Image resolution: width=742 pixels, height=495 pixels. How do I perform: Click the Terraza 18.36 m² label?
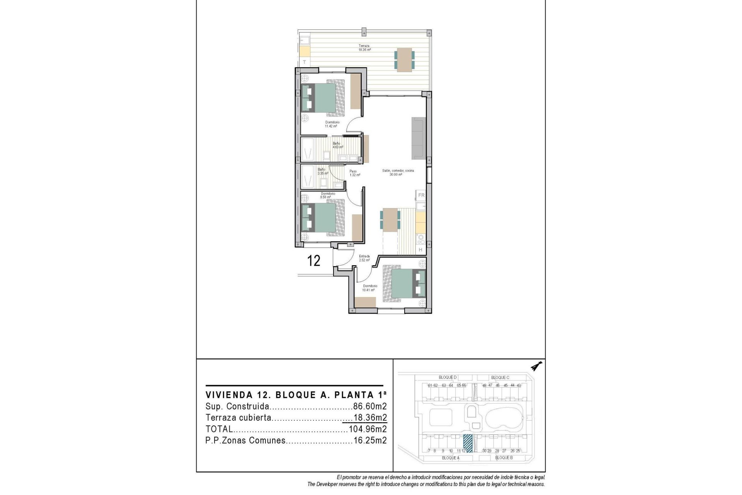[x=364, y=48]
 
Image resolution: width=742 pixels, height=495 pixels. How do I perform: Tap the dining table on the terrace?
[x=404, y=60]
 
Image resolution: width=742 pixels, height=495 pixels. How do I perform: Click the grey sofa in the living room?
[x=418, y=138]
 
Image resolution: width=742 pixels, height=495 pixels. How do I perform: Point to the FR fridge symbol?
[x=421, y=195]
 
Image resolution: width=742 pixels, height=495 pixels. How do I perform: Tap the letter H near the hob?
[x=420, y=250]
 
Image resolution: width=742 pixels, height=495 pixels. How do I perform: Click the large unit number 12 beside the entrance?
[x=313, y=261]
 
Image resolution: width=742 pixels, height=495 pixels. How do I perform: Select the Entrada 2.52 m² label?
[x=364, y=258]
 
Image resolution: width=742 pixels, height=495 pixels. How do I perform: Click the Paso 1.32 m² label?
[x=354, y=173]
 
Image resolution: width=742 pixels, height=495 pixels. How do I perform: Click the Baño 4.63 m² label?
[x=337, y=145]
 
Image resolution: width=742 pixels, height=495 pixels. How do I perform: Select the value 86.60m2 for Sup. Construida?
[x=370, y=406]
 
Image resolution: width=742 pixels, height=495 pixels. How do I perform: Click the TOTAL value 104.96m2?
[x=368, y=429]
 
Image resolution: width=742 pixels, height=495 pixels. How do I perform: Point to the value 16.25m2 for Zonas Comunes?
[x=370, y=440]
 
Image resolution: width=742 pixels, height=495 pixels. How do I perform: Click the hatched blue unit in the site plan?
[x=468, y=443]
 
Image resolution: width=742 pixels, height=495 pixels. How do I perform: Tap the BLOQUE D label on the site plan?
[x=447, y=377]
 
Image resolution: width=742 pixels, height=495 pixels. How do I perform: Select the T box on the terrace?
[x=305, y=62]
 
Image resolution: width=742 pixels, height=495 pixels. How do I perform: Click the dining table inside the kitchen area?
[x=390, y=220]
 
